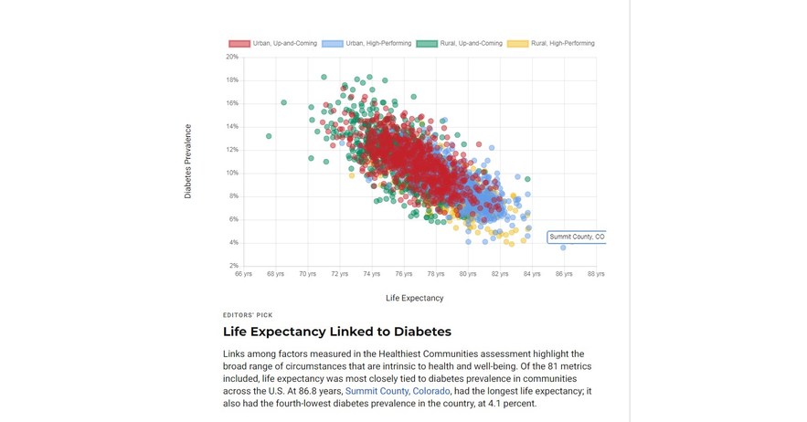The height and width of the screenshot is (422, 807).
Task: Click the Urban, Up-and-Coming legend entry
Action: [x=272, y=43]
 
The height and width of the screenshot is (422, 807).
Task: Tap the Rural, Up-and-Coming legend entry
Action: [x=460, y=43]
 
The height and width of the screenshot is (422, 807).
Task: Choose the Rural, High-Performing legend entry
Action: [x=551, y=43]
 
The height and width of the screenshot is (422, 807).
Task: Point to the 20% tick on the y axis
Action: [x=232, y=57]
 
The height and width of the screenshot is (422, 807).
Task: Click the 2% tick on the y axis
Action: [x=233, y=266]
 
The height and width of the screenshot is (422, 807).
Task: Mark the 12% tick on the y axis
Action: [x=232, y=150]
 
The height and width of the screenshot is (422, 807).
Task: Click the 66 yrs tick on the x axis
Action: [x=243, y=273]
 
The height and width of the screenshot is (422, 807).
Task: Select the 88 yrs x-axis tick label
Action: [x=596, y=273]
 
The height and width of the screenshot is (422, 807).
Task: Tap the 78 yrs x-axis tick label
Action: [x=436, y=273]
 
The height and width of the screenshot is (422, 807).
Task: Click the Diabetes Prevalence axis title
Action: [x=188, y=162]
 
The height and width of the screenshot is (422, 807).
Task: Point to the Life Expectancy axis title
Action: [x=414, y=298]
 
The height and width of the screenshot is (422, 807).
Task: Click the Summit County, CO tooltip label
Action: [x=577, y=237]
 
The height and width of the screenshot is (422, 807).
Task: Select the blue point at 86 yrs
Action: [x=563, y=248]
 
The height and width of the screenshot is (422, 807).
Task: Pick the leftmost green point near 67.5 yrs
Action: [x=269, y=136]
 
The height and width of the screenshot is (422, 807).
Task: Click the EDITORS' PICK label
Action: [x=248, y=315]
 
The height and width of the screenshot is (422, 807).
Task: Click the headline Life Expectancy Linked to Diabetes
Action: [x=336, y=332]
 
